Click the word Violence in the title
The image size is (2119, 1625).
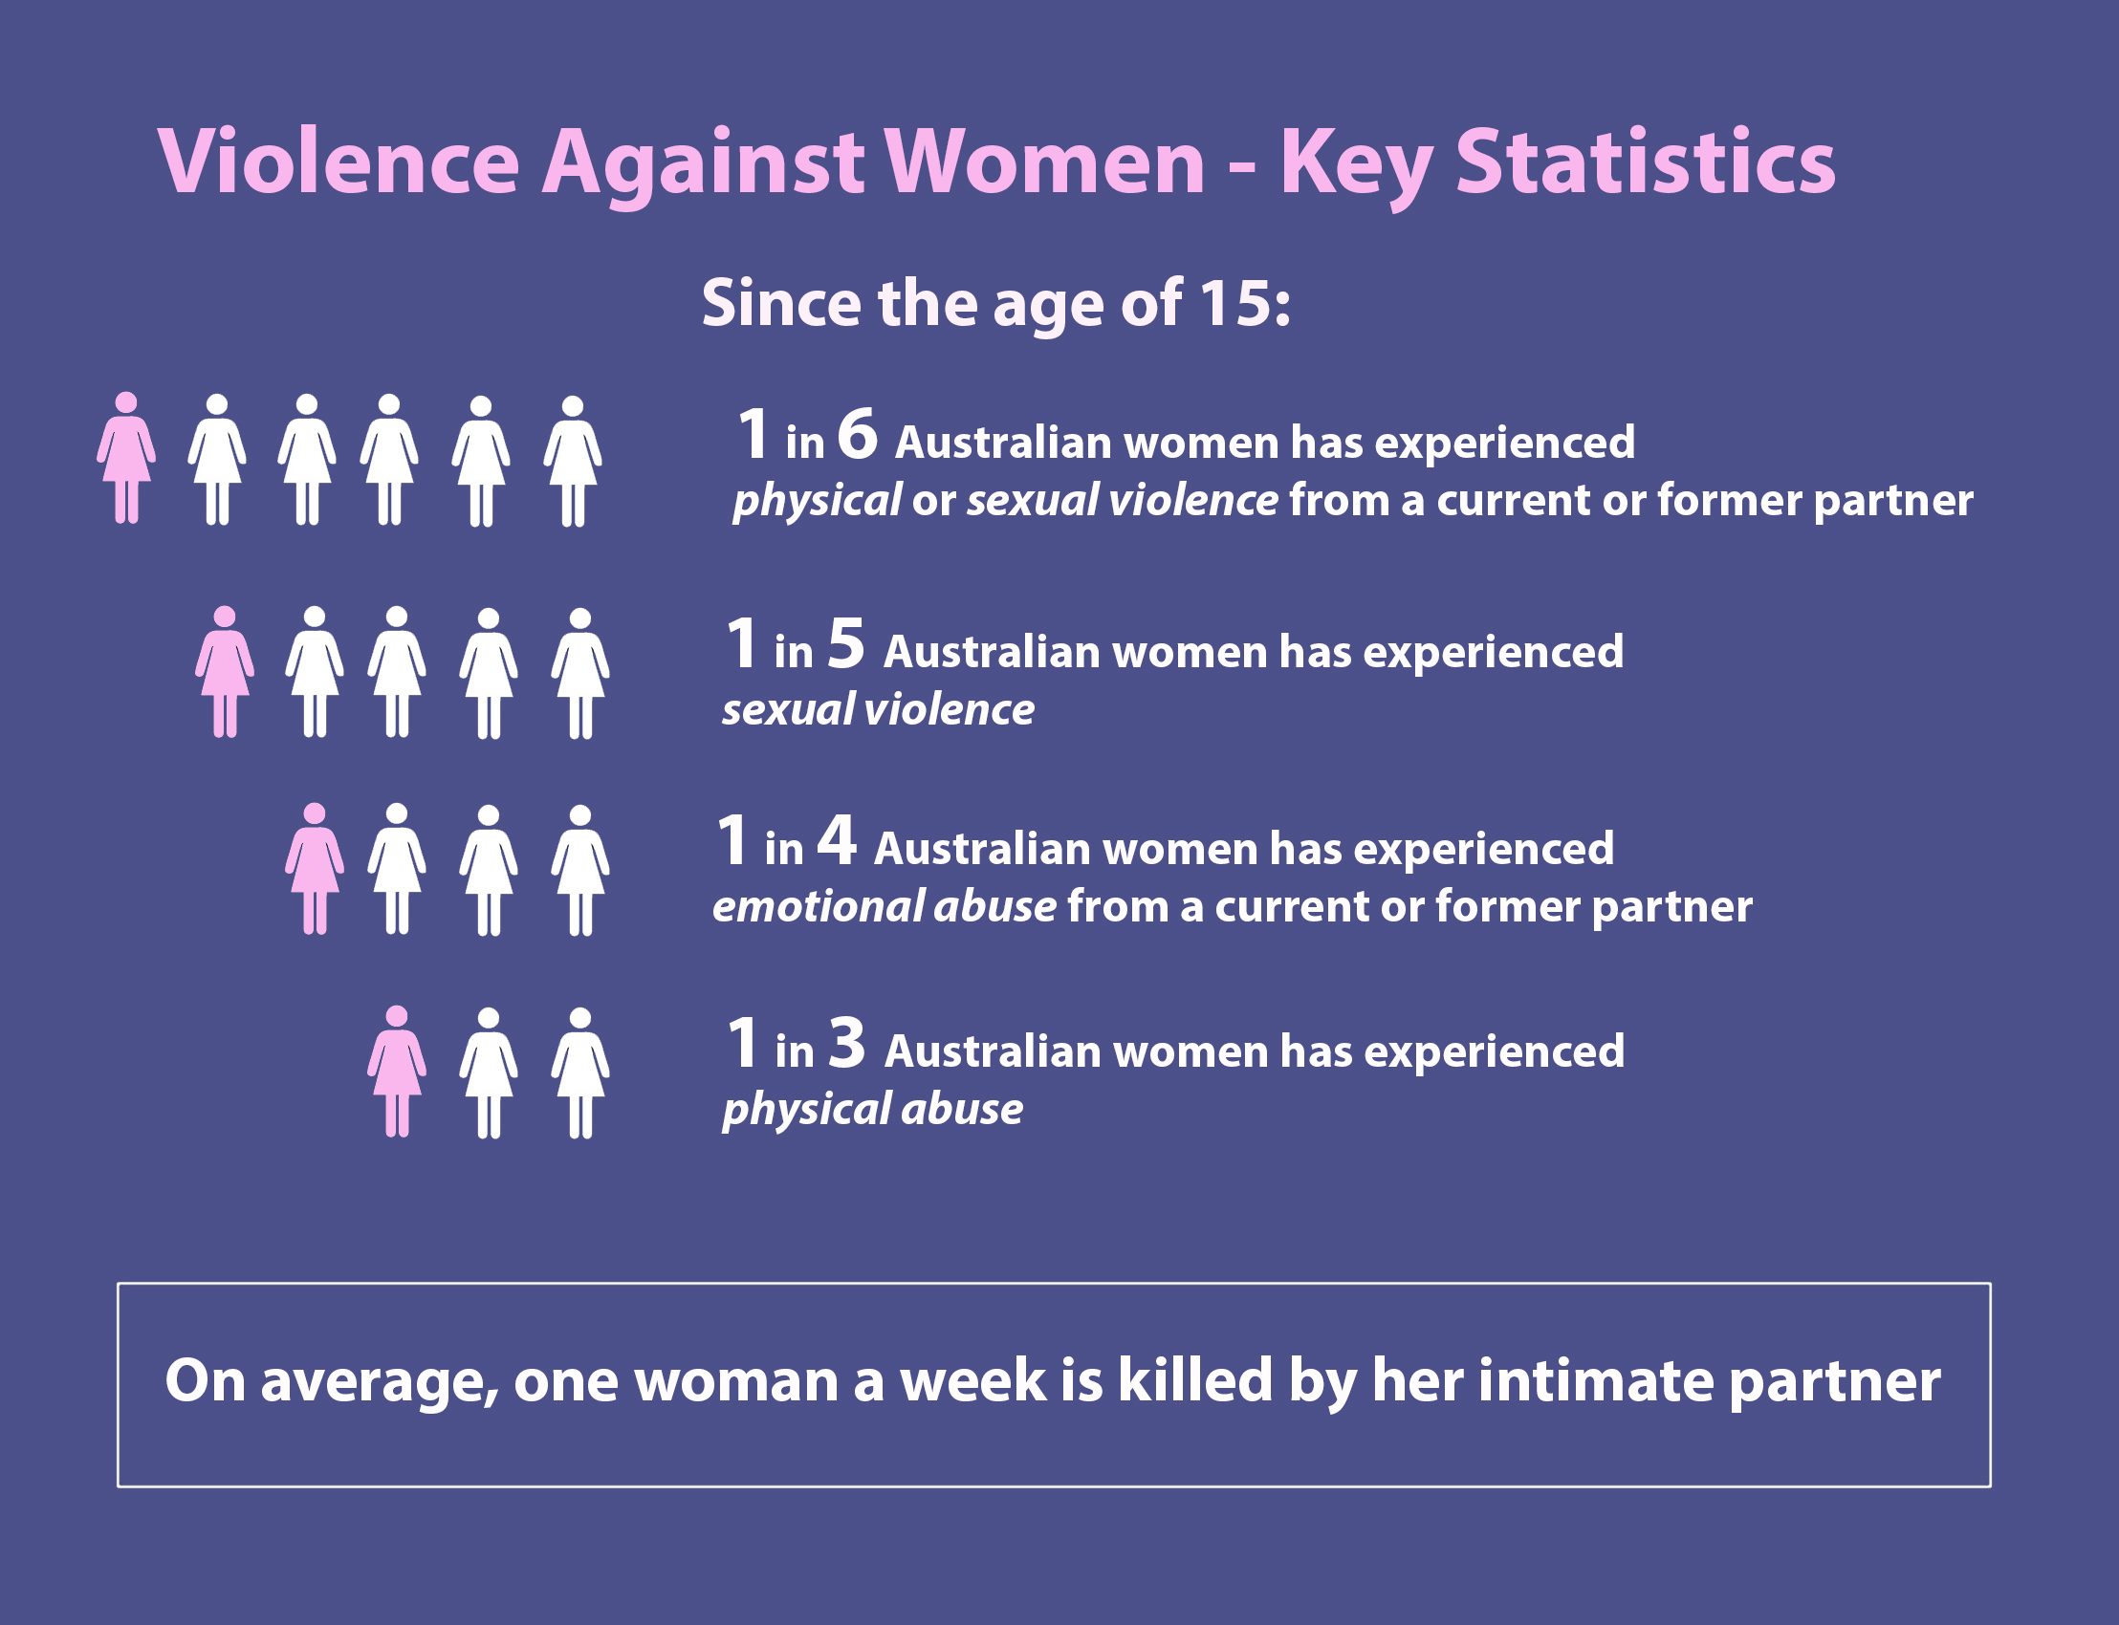coord(339,162)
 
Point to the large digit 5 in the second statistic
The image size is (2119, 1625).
coord(845,643)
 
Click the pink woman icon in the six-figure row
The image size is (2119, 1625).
coord(126,458)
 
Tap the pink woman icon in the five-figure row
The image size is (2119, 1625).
coord(225,672)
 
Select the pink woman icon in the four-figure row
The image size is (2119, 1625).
coord(315,869)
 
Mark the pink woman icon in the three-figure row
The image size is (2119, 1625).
coord(397,1072)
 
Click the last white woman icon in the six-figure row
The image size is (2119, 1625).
coord(573,462)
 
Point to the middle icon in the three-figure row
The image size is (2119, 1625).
coord(489,1073)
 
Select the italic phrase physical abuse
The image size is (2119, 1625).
coord(873,1110)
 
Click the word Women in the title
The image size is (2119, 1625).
coord(1045,162)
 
